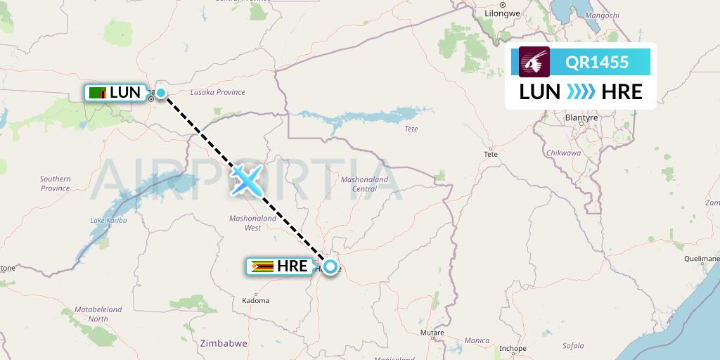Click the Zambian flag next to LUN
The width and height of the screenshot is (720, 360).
click(x=98, y=93)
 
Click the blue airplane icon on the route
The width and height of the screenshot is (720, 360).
click(x=246, y=180)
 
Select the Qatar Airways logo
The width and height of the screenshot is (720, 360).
click(x=534, y=63)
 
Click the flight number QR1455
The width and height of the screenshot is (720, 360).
click(x=597, y=63)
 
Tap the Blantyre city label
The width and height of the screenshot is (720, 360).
click(x=581, y=117)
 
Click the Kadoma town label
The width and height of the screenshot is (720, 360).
click(x=255, y=300)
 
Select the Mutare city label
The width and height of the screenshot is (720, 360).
click(x=431, y=332)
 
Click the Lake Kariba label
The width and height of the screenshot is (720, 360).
click(x=108, y=221)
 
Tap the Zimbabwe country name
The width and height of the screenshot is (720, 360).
click(x=223, y=344)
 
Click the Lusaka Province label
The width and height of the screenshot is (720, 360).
click(x=218, y=92)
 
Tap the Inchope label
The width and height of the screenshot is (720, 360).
click(x=512, y=348)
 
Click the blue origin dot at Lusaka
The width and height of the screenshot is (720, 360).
click(x=161, y=93)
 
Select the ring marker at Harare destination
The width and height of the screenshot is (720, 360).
click(x=329, y=267)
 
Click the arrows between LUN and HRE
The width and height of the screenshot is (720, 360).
click(x=581, y=91)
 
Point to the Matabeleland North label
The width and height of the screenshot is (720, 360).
click(x=98, y=314)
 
